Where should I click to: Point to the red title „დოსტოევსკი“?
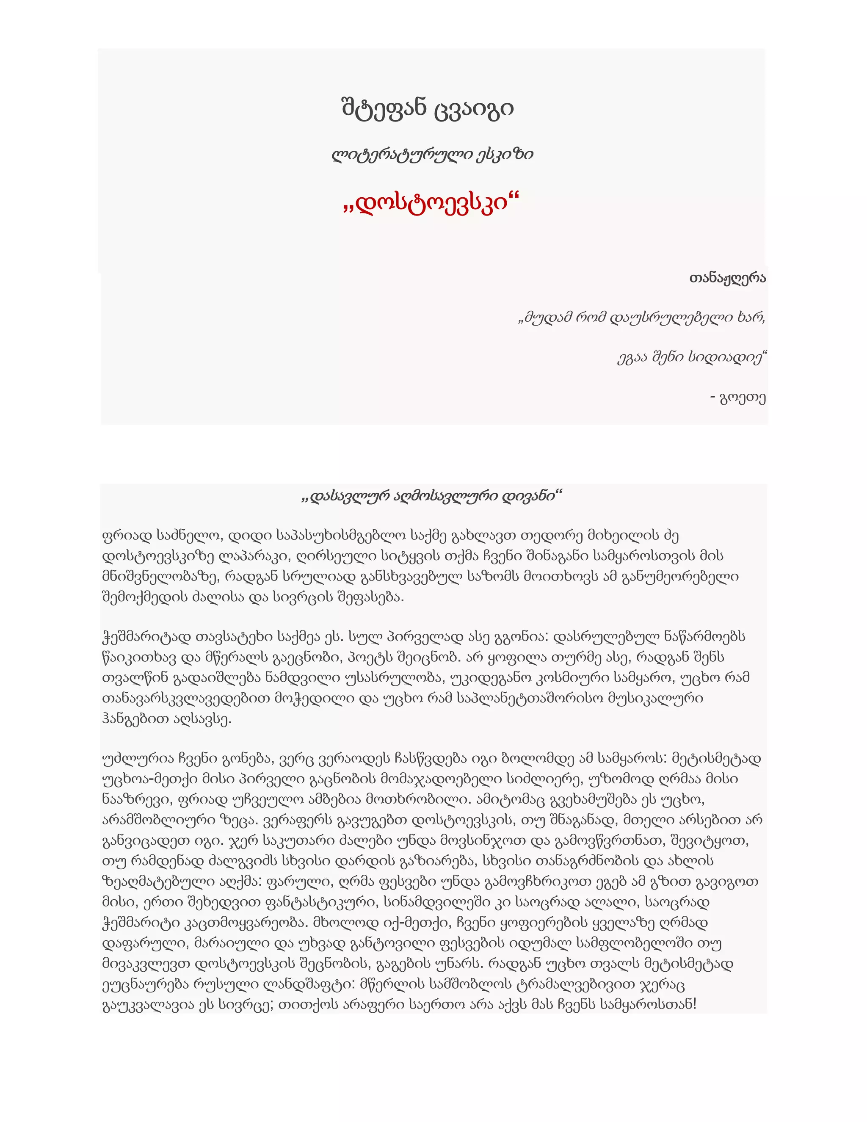(431, 203)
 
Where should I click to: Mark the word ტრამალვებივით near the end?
(574, 985)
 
